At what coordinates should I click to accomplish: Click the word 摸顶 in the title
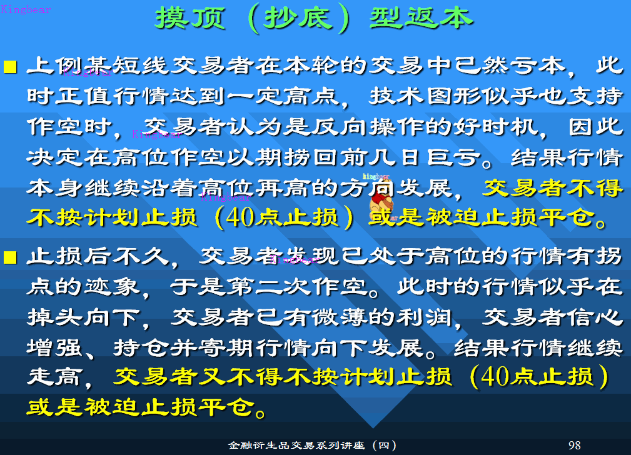[187, 18]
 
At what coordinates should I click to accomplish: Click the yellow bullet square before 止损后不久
[11, 256]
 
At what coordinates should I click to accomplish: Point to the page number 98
[575, 445]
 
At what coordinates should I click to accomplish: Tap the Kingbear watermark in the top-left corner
[26, 9]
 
